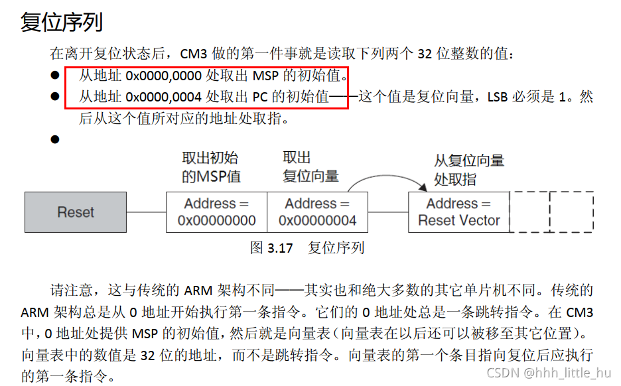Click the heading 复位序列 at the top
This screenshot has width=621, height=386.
point(62,23)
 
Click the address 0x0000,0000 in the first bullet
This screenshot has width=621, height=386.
point(163,76)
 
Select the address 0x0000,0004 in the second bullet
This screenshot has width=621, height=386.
point(163,97)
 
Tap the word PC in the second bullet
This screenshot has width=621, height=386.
point(260,97)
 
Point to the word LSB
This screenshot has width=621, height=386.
point(498,97)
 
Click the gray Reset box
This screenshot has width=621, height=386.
point(76,212)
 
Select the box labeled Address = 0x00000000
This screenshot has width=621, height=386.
point(216,212)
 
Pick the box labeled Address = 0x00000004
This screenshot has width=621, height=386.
point(317,212)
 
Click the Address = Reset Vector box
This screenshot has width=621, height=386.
point(458,212)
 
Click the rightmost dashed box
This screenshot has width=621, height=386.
point(571,212)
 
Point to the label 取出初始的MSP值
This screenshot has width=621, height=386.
point(211,167)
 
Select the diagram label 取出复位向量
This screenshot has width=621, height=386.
point(310,167)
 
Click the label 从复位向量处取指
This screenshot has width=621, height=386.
point(468,170)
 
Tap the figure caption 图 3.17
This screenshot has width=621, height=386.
point(271,248)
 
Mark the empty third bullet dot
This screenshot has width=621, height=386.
point(55,139)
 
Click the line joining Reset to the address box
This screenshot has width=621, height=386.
point(147,212)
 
